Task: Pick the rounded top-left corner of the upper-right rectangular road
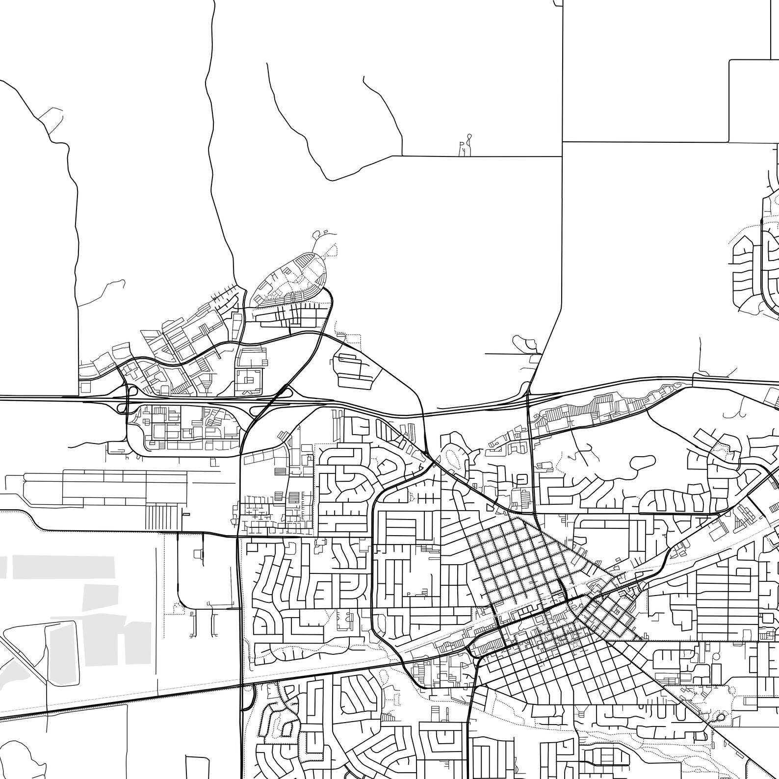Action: coord(731,61)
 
